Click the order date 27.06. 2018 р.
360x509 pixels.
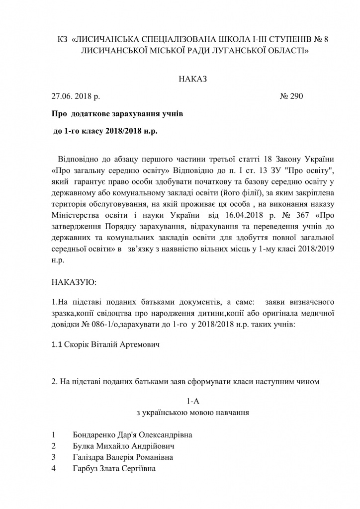click(x=76, y=95)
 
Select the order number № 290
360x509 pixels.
click(x=291, y=95)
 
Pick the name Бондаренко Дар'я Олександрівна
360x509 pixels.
click(x=132, y=435)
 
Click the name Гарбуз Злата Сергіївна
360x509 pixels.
click(x=114, y=468)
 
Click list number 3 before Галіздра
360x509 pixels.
click(x=53, y=457)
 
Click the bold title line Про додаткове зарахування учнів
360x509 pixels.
click(x=117, y=114)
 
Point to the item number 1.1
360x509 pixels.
click(x=57, y=344)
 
